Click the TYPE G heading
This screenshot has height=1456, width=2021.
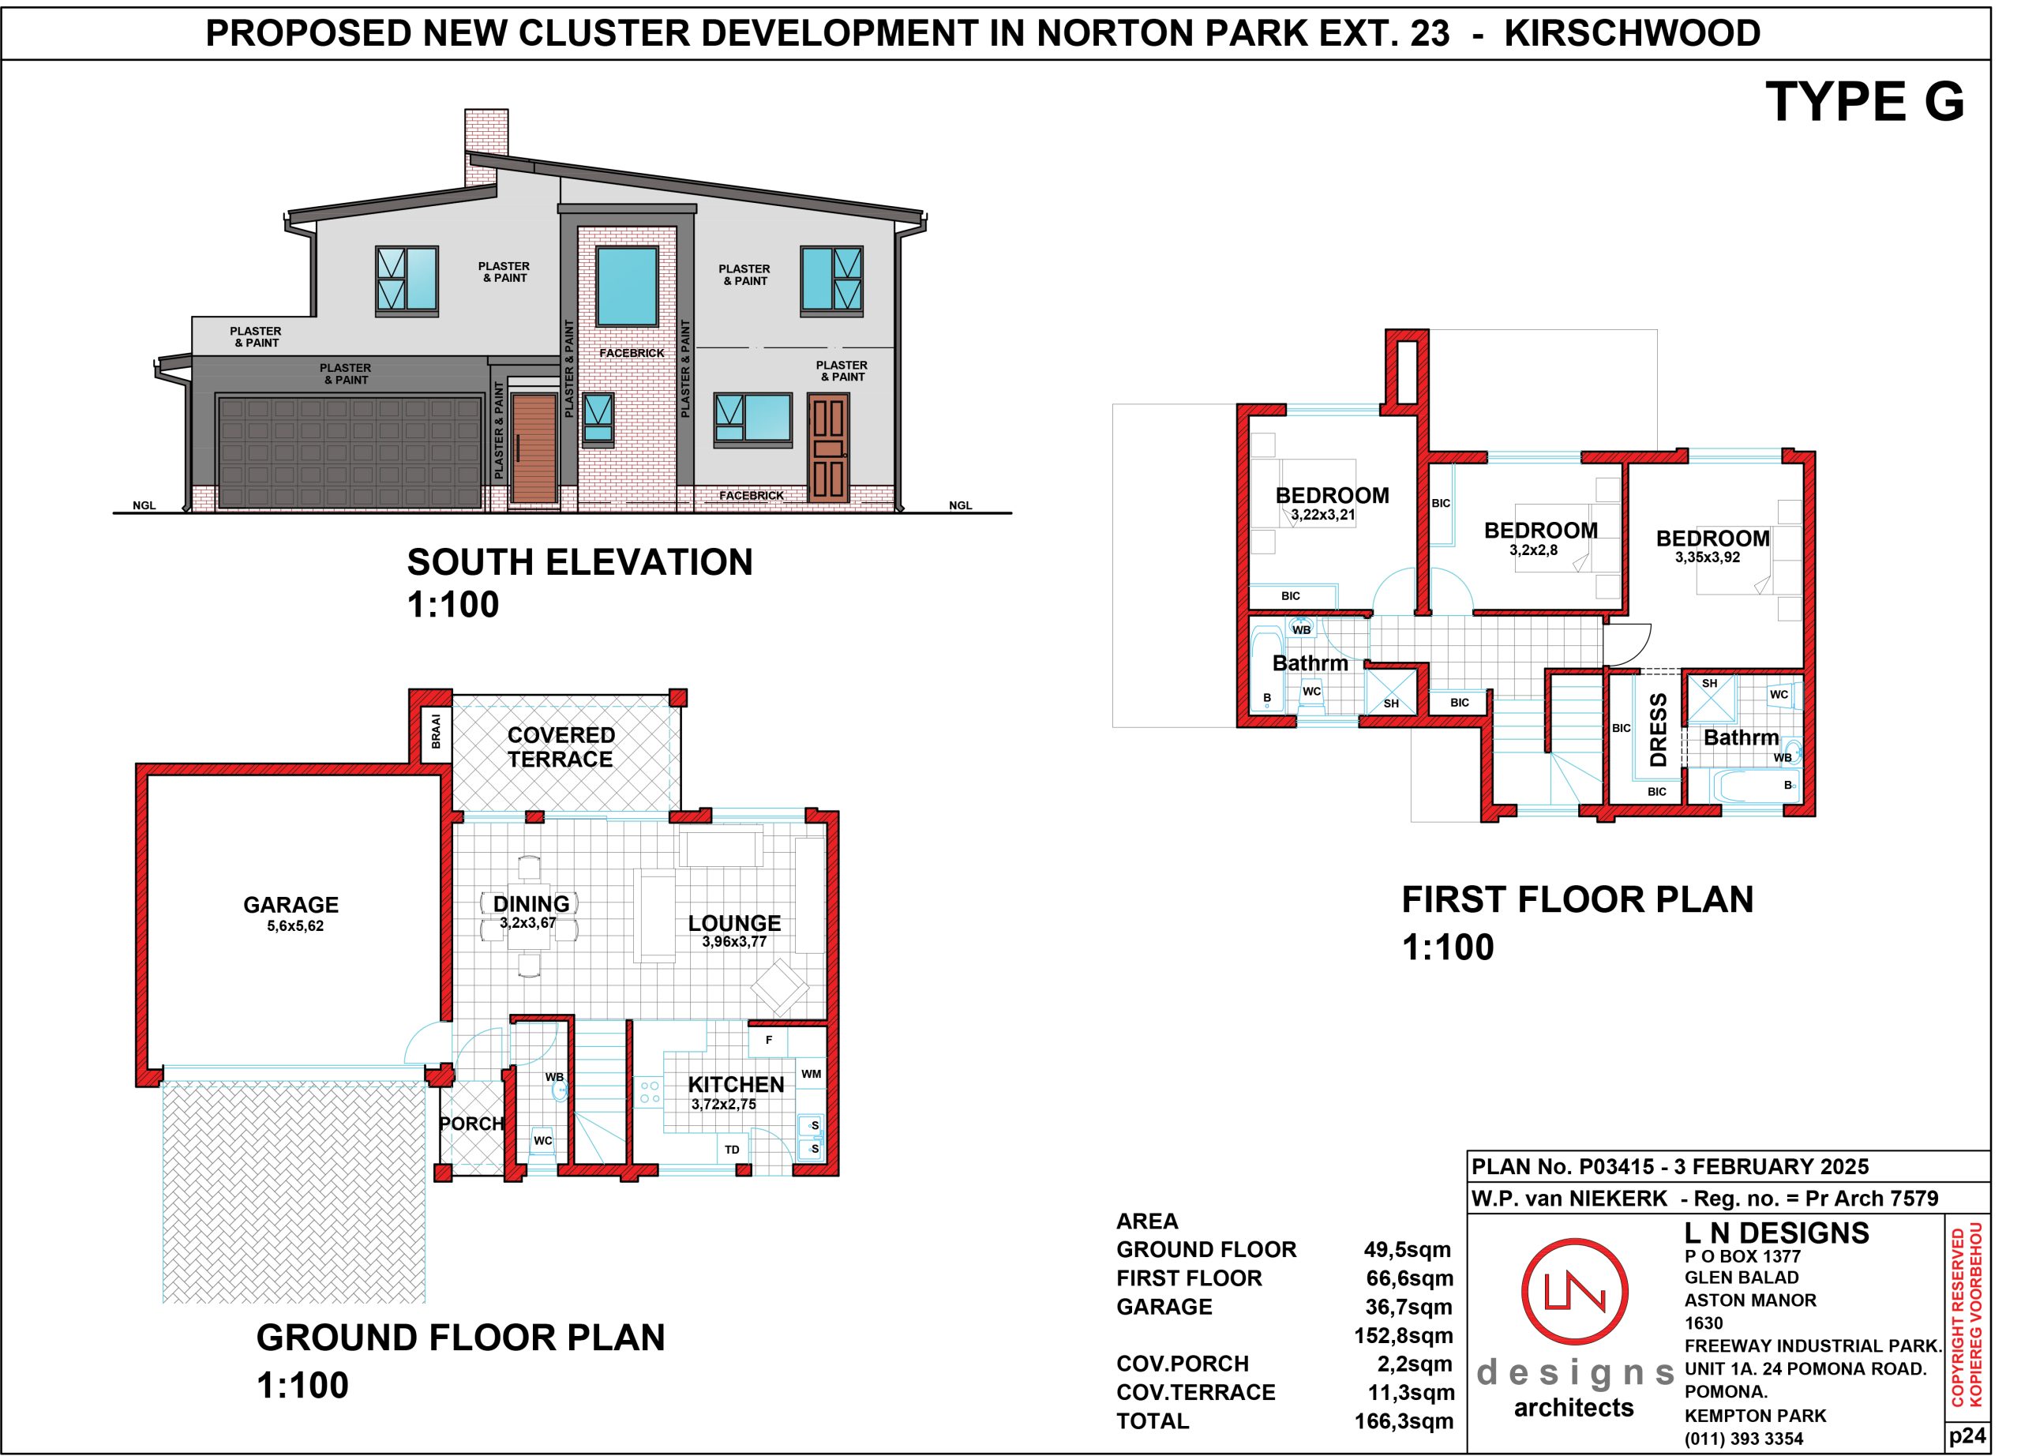1864,102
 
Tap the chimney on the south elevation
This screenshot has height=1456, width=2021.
486,148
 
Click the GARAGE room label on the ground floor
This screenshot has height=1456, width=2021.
291,904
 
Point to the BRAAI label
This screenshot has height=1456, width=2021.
436,732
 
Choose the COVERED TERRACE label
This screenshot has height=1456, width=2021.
561,747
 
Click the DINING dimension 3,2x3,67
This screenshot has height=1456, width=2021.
527,923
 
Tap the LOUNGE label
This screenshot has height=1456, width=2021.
734,923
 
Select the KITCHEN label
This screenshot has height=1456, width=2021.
736,1084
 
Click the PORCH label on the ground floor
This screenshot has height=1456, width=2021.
472,1124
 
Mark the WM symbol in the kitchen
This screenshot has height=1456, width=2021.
811,1074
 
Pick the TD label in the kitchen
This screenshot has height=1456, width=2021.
732,1150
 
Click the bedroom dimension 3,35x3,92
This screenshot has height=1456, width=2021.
1708,557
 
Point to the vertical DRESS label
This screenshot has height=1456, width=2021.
1659,730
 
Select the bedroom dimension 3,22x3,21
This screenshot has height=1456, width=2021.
1323,514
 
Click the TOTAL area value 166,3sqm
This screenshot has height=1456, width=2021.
1404,1421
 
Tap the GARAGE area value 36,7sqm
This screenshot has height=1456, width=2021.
1409,1308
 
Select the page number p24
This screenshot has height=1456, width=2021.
1967,1435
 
